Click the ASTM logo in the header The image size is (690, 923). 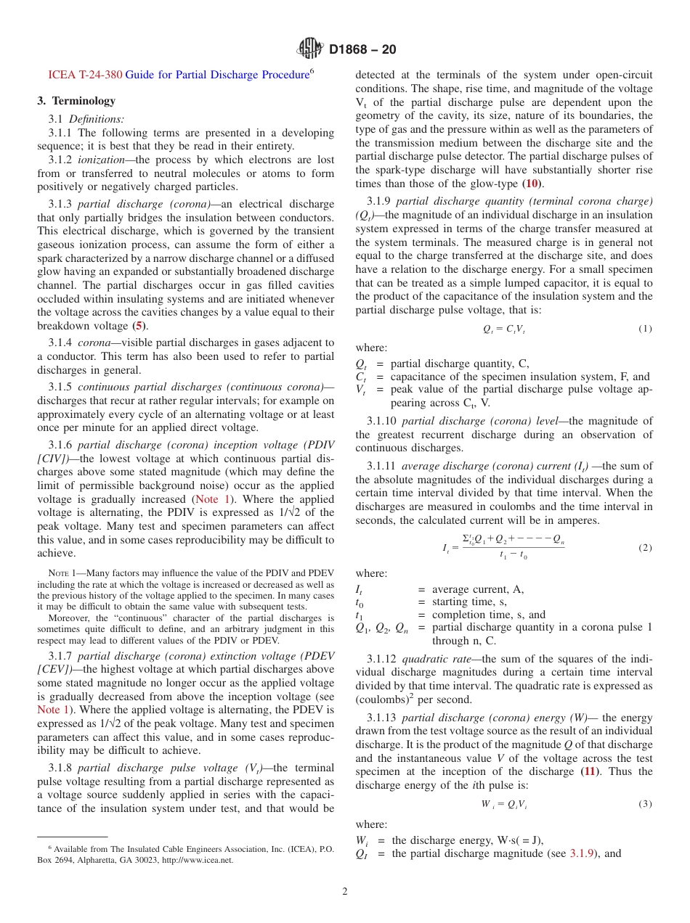click(309, 49)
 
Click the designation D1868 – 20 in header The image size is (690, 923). click(362, 50)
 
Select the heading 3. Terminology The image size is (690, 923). click(76, 101)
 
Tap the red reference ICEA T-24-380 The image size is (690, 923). click(85, 74)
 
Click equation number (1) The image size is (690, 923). click(645, 329)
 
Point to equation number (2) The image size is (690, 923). click(645, 547)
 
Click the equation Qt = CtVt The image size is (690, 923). click(503, 329)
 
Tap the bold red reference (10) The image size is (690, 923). click(532, 184)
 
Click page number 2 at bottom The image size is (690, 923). click(345, 892)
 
